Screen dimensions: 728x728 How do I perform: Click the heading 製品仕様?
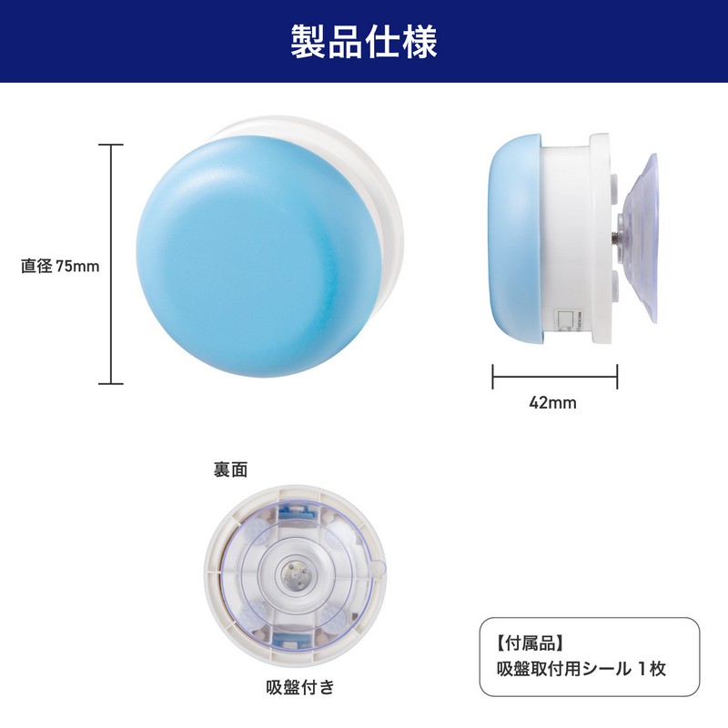point(364,42)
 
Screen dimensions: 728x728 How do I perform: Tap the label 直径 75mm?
point(60,266)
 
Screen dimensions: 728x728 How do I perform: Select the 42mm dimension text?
point(552,402)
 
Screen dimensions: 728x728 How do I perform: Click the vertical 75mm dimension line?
point(110,264)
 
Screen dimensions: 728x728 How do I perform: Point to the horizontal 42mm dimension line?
point(555,377)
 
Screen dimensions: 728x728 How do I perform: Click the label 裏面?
point(230,470)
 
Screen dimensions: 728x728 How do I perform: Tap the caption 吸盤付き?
point(300,687)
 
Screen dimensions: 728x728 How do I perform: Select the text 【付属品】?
point(531,643)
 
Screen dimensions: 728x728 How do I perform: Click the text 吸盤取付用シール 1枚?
point(581,669)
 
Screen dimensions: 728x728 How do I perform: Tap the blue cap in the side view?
point(514,238)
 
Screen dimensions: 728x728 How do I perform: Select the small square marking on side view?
point(564,319)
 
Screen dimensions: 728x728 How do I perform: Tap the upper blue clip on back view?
point(295,511)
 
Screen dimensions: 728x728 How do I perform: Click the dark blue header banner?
point(364,41)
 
